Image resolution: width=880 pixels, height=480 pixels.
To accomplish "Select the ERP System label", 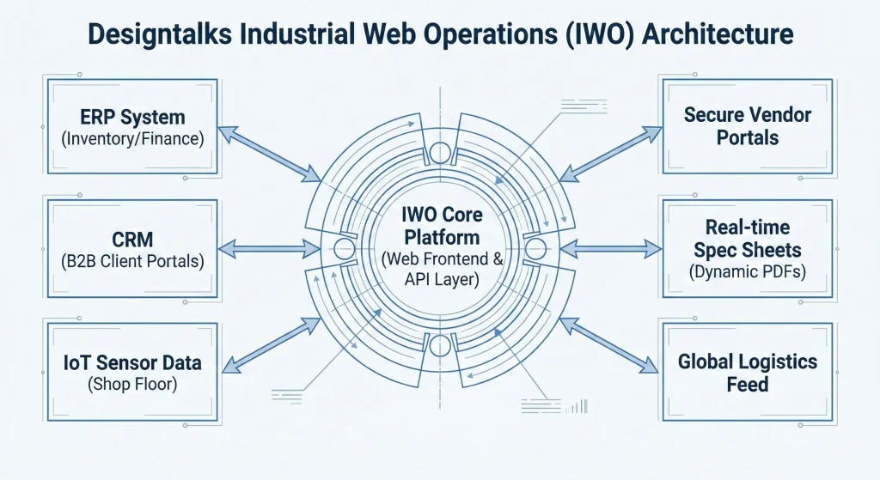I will tap(132, 117).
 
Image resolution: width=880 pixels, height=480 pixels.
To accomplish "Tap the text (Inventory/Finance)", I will tap(132, 137).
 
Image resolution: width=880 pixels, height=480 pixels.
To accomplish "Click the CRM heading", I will tap(132, 239).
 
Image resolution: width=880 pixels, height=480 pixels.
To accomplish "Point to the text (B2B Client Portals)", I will tap(132, 260).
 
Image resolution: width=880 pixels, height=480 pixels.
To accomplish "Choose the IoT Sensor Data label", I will tap(132, 362).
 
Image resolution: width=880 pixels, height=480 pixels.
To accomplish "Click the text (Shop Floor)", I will tap(132, 384).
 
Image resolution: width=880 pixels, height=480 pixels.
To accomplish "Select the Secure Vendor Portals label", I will tap(747, 125).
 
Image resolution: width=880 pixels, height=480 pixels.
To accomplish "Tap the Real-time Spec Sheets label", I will tap(747, 239).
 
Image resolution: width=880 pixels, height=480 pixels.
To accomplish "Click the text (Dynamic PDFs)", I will tap(747, 272).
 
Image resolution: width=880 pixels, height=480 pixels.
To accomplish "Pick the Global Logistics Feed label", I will tap(747, 373).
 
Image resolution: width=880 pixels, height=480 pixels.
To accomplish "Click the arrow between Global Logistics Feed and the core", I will tap(607, 344).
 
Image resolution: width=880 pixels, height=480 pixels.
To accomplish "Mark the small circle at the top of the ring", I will tap(440, 153).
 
